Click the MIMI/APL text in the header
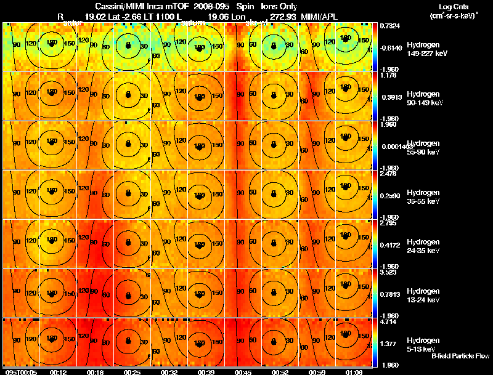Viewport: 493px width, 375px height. click(333, 15)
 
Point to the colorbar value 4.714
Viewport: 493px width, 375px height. click(388, 321)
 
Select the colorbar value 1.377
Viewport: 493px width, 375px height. click(388, 343)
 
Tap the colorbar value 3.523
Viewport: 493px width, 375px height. click(388, 272)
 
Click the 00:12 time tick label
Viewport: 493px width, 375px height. click(59, 372)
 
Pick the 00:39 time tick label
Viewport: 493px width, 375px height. click(199, 372)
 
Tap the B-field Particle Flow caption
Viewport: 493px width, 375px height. click(460, 357)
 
